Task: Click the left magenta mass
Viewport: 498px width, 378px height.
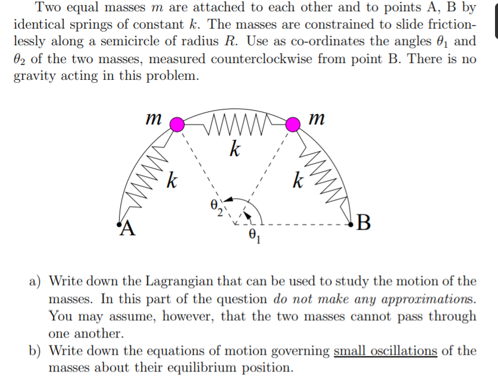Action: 177,124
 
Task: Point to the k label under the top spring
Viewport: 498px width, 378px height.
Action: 235,149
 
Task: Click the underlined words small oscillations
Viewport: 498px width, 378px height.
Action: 386,350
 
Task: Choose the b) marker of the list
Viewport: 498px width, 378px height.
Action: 37,351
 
